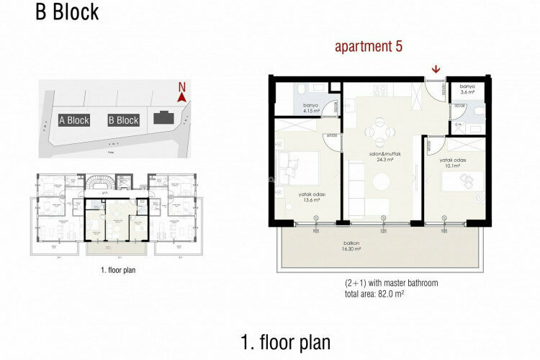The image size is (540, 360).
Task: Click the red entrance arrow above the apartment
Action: (436, 69)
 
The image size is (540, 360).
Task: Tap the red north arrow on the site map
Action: (182, 93)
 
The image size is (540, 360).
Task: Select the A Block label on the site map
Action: (74, 120)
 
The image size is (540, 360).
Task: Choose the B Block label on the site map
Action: (123, 120)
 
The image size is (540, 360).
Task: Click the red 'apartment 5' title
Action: (369, 47)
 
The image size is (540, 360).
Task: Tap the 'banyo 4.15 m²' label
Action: (311, 109)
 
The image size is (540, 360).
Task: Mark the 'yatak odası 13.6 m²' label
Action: (310, 197)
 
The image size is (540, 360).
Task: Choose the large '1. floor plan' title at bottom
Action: (286, 341)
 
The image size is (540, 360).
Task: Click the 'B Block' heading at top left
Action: (67, 12)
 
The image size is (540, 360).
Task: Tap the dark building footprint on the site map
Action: (163, 118)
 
